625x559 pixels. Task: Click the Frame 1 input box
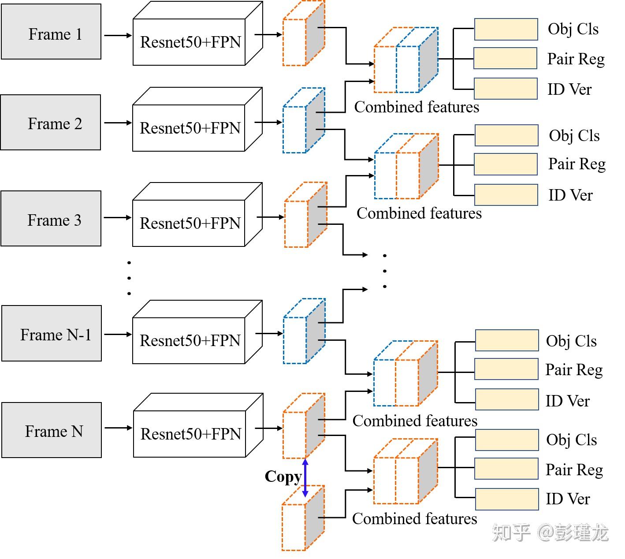[x=51, y=32]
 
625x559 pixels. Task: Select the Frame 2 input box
[x=51, y=123]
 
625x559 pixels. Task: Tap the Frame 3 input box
[x=51, y=219]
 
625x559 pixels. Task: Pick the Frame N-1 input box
[x=52, y=334]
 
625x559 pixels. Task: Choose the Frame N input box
[x=52, y=430]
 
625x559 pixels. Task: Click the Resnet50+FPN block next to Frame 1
[x=190, y=42]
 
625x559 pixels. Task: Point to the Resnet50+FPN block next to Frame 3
[x=190, y=223]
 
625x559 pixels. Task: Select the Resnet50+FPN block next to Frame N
[x=190, y=434]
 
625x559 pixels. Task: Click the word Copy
[x=283, y=477]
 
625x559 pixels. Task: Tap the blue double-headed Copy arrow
[x=305, y=478]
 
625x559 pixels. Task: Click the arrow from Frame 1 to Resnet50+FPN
[x=118, y=35]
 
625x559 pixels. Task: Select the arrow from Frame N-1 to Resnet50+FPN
[x=118, y=334]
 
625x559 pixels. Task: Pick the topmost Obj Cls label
[x=573, y=29]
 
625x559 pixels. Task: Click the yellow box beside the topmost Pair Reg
[x=506, y=59]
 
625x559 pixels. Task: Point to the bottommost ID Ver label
[x=567, y=499]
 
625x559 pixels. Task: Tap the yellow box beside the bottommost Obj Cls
[x=507, y=440]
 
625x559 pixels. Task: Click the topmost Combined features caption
[x=417, y=107]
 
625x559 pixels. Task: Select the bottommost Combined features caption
[x=414, y=519]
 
